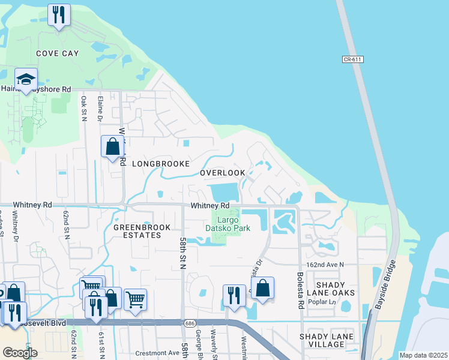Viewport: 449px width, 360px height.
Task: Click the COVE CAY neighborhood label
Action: coord(57,53)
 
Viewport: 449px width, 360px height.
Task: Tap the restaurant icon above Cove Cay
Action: coord(59,16)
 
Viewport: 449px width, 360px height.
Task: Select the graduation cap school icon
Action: coord(26,80)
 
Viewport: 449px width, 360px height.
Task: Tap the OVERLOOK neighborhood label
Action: coord(222,173)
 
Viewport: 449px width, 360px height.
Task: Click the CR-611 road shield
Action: coord(354,59)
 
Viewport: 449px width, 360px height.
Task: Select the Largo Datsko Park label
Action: coord(228,223)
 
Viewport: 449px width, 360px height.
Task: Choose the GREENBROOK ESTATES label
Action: coord(142,232)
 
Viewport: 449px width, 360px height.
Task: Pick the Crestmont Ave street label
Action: coord(157,353)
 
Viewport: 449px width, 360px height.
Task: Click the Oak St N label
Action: coord(83,108)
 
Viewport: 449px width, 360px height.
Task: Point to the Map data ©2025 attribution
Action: coord(423,355)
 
